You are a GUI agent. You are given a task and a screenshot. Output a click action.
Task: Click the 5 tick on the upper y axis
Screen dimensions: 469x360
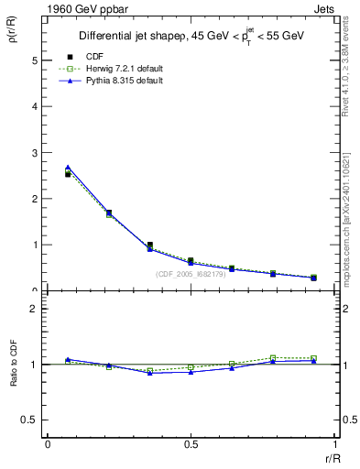(x=35, y=60)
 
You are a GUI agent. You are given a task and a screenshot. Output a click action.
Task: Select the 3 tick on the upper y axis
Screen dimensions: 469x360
(x=35, y=153)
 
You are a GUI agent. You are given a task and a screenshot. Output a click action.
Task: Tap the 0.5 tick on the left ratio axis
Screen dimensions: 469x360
(x=31, y=420)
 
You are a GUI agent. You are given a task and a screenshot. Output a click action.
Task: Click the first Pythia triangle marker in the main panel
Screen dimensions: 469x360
(x=68, y=168)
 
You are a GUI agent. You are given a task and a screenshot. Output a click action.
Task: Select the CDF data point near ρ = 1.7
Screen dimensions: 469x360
(x=109, y=213)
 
